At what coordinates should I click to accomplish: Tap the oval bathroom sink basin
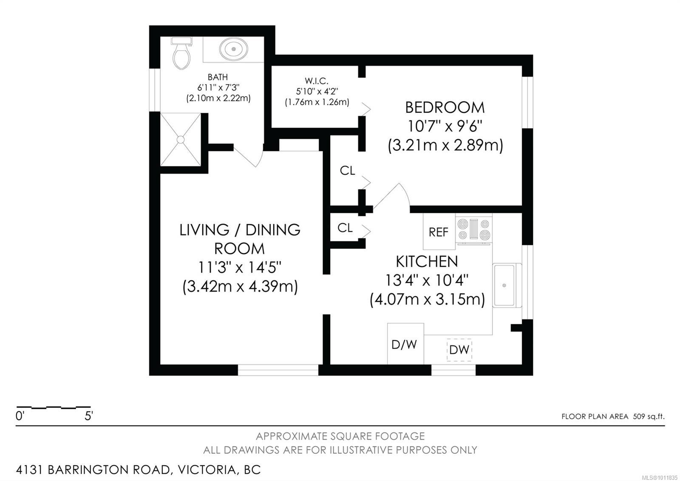tap(233, 49)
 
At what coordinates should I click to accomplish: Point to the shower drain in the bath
tap(181, 140)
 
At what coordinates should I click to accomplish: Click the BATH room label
tap(218, 77)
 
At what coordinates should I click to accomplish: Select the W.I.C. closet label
tap(317, 81)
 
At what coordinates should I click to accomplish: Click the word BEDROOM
tap(445, 108)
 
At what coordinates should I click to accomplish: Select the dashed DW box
tap(459, 350)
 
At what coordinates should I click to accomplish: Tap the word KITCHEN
tap(427, 262)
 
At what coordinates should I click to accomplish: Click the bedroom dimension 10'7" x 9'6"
tap(445, 126)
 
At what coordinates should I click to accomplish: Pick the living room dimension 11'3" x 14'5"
tap(240, 268)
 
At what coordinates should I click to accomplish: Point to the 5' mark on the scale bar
tap(89, 416)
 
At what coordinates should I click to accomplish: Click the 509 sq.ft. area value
tap(649, 417)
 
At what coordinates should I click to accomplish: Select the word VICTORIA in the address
tap(207, 470)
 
